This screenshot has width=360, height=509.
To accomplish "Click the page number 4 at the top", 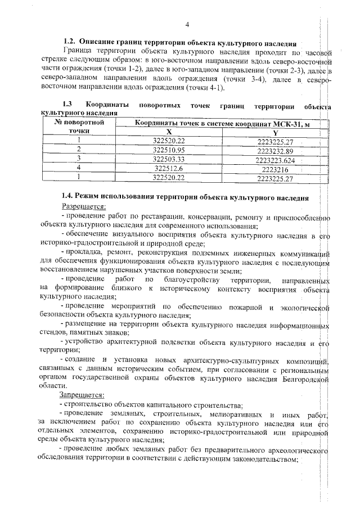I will tap(186, 24).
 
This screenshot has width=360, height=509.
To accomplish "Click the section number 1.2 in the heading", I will tap(69, 43).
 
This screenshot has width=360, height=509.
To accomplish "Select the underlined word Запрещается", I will tap(79, 396).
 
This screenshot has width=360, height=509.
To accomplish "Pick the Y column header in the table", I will tap(275, 132).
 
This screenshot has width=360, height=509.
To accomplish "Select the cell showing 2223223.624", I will tap(275, 160).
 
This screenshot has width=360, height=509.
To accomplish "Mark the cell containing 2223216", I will tap(275, 169).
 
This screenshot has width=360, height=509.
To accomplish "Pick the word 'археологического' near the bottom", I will tap(296, 451).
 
